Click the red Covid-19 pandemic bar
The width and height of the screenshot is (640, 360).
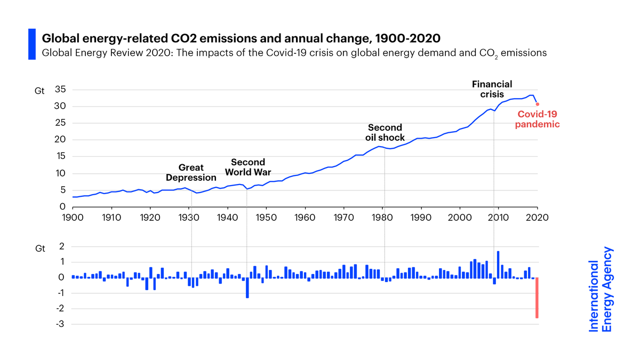pyautogui.click(x=537, y=298)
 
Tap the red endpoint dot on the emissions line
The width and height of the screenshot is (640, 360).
pyautogui.click(x=538, y=104)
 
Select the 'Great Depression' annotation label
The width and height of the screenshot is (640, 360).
pyautogui.click(x=191, y=173)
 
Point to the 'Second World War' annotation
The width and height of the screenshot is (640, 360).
pyautogui.click(x=248, y=167)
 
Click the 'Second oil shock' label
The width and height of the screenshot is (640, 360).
pyautogui.click(x=385, y=132)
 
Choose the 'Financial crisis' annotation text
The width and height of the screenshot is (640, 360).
pyautogui.click(x=492, y=89)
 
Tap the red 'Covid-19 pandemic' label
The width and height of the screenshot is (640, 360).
pyautogui.click(x=537, y=119)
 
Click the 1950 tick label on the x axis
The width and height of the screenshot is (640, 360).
pyautogui.click(x=266, y=218)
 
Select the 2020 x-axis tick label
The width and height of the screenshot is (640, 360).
pyautogui.click(x=537, y=218)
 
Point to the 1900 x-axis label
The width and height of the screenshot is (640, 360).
pyautogui.click(x=73, y=218)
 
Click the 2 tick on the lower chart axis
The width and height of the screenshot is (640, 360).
pyautogui.click(x=62, y=246)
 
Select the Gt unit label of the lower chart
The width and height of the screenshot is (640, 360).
pyautogui.click(x=40, y=249)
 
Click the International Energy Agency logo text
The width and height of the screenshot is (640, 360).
pyautogui.click(x=601, y=289)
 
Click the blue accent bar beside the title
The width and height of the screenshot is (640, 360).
pyautogui.click(x=31, y=44)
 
